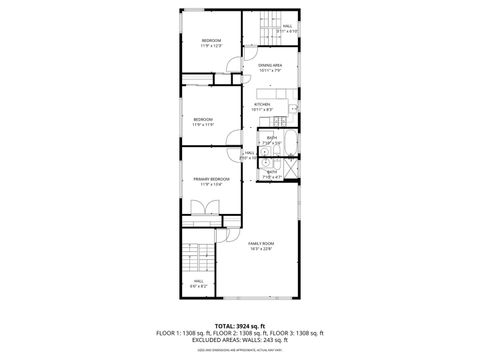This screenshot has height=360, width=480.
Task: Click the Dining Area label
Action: pyautogui.click(x=270, y=65)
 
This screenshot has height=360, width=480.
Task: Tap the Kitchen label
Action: pyautogui.click(x=262, y=103)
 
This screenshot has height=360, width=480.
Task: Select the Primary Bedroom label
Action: pyautogui.click(x=211, y=179)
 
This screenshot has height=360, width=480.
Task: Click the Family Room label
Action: pyautogui.click(x=261, y=244)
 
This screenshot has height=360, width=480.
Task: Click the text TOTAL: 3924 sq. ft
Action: pyautogui.click(x=240, y=326)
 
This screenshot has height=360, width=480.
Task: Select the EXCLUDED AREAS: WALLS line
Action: pyautogui.click(x=240, y=339)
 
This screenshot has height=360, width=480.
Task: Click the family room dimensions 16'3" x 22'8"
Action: pyautogui.click(x=261, y=248)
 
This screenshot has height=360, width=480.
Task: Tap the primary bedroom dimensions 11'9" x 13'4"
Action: pyautogui.click(x=211, y=184)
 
